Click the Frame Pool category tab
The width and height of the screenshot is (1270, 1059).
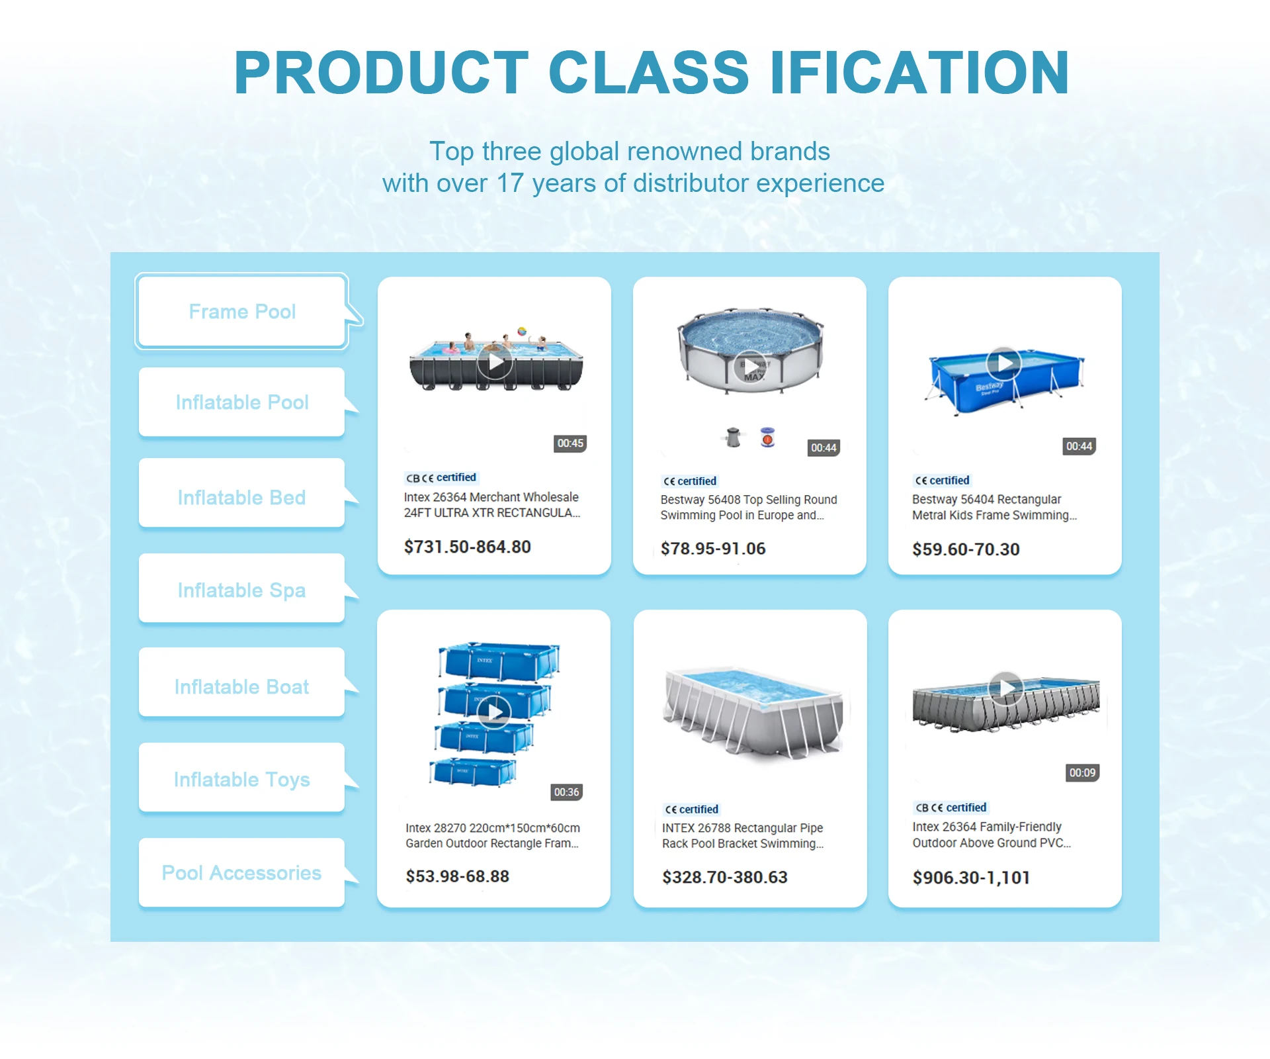click(242, 311)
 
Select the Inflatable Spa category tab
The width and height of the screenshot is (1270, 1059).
click(242, 589)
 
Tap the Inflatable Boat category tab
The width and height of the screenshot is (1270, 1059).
click(242, 686)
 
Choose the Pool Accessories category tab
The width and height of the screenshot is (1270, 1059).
click(242, 872)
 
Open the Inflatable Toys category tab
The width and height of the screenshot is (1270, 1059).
click(242, 779)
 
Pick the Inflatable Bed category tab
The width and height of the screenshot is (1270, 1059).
click(242, 496)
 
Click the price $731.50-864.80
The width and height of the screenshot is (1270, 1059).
click(468, 547)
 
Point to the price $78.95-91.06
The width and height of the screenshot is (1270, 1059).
click(713, 549)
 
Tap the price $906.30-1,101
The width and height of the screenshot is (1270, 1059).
click(972, 878)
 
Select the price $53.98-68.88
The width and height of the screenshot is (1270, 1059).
click(458, 876)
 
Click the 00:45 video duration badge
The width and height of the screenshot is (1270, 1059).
click(570, 443)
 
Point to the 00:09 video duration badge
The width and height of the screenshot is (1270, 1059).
click(1083, 773)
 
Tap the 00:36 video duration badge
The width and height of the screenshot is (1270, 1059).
click(567, 792)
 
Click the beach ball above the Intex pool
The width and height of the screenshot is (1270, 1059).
click(522, 331)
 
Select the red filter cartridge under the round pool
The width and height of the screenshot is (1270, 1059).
click(767, 437)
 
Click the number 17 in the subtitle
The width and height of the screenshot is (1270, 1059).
click(510, 183)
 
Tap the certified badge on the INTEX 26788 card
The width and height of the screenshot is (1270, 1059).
click(691, 809)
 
